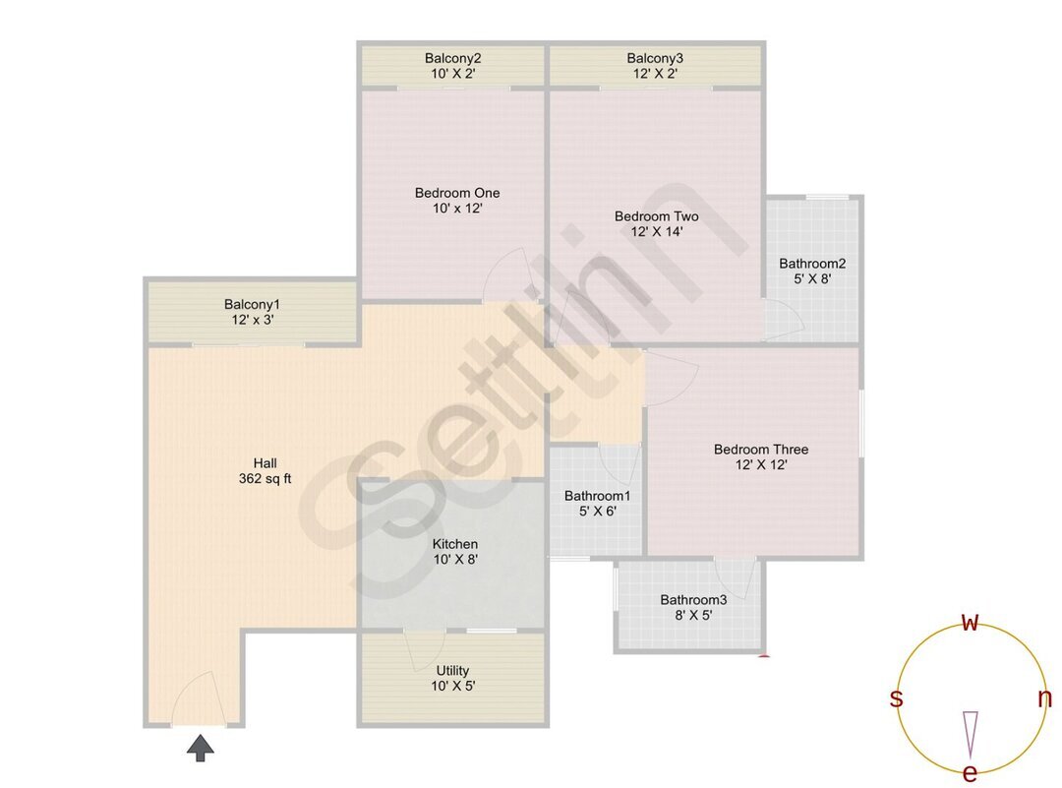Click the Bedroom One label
[457, 193]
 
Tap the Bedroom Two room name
[656, 216]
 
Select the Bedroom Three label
[761, 450]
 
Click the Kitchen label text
[455, 544]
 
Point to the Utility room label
[452, 671]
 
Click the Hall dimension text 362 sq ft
[265, 479]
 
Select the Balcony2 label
[452, 58]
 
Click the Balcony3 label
[655, 58]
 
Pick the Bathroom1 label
[597, 496]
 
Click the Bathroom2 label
[812, 264]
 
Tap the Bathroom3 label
[693, 599]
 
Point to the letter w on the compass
[970, 622]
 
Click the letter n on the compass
[1044, 698]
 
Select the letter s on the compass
[896, 698]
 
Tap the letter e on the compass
[970, 773]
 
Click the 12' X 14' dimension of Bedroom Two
[656, 232]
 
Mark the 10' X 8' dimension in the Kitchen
[455, 559]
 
